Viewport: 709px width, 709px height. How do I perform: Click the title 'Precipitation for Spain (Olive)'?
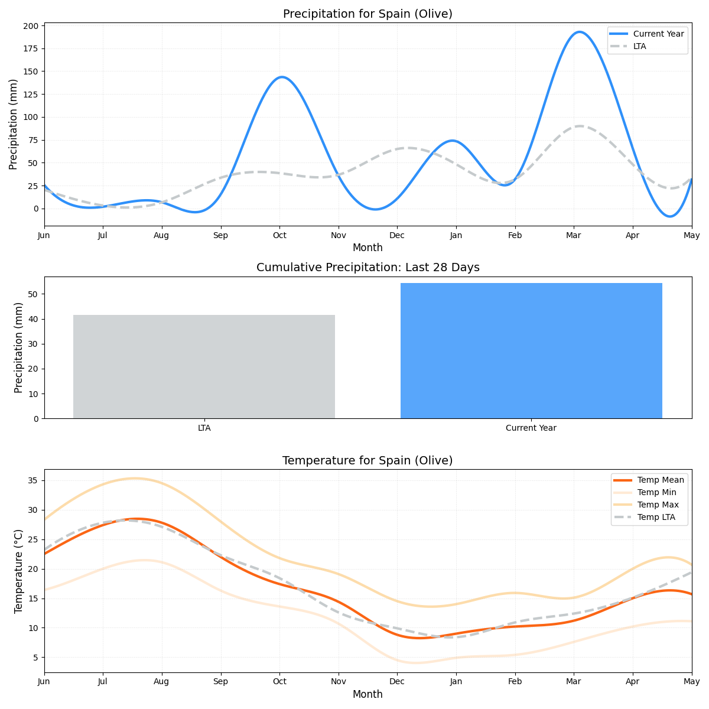(x=367, y=14)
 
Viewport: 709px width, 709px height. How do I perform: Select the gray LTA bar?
(x=204, y=366)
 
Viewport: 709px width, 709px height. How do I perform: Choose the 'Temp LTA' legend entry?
(x=656, y=518)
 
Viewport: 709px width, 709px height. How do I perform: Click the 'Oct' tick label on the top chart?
(x=279, y=235)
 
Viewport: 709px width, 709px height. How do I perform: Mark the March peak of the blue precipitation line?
(x=578, y=32)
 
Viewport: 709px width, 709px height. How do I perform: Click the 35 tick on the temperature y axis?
(x=33, y=480)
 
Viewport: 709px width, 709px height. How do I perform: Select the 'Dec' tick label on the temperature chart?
(x=397, y=681)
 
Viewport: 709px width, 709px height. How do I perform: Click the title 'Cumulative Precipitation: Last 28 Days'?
(x=367, y=268)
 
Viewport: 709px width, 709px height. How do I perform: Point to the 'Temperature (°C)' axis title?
(x=18, y=571)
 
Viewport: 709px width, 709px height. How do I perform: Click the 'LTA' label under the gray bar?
(x=204, y=428)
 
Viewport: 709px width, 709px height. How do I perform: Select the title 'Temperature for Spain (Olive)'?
(x=367, y=460)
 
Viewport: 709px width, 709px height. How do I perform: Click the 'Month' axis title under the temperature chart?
(x=367, y=694)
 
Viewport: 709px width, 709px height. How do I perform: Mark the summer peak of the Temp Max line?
(x=135, y=479)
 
